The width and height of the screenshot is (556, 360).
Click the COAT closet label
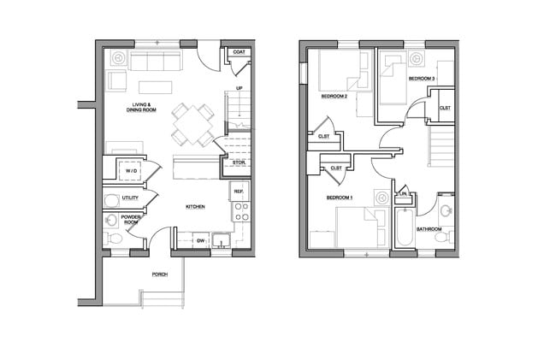point(239,53)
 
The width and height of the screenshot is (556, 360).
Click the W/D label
point(131,171)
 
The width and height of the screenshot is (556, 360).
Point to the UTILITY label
point(131,198)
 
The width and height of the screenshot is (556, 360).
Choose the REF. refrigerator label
point(240,192)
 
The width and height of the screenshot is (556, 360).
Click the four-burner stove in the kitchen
point(240,212)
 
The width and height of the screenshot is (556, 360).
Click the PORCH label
point(159,274)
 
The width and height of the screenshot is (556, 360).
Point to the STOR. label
point(240,162)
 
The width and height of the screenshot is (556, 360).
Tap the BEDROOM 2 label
point(334,97)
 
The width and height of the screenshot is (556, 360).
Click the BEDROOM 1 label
point(340,198)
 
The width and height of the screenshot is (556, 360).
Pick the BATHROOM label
point(429,229)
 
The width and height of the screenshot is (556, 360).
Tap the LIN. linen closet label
point(402,194)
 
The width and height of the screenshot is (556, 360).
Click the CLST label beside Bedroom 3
point(445,108)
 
